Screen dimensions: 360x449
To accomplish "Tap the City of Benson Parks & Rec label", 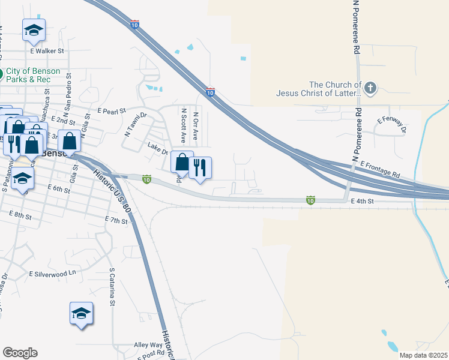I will click(32, 75).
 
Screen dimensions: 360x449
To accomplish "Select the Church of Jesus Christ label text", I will click(319, 89).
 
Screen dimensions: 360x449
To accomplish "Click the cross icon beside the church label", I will click(370, 89).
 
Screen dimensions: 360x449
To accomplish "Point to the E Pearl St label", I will click(112, 111).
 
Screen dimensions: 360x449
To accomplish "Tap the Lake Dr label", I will click(158, 148).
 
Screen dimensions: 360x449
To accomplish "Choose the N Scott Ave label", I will click(184, 125).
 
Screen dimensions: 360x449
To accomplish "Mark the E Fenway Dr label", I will click(392, 125).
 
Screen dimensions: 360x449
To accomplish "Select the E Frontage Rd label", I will click(380, 169).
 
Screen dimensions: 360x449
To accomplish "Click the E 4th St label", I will click(363, 202).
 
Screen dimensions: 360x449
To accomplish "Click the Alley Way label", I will click(148, 346).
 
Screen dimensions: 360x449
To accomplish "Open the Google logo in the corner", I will click(20, 353).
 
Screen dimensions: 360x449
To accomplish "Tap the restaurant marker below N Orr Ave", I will click(200, 168).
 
